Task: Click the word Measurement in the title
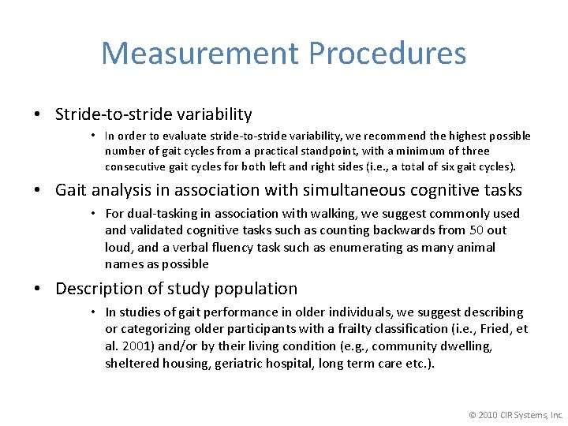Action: (x=200, y=54)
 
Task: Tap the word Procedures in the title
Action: (x=387, y=54)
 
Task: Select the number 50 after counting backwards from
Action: (x=476, y=230)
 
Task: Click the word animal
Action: (x=476, y=248)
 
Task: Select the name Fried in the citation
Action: (x=493, y=329)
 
